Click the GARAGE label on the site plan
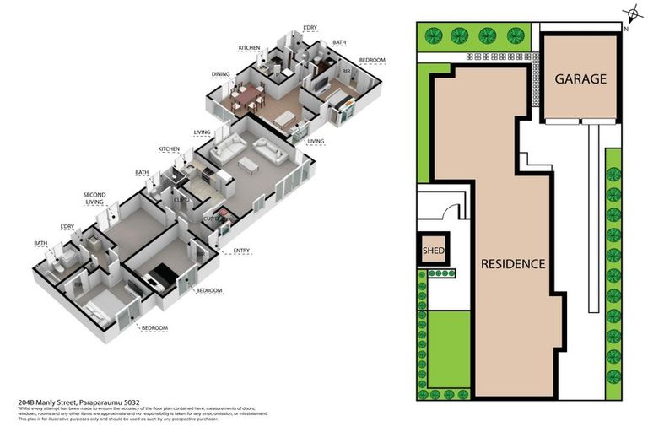[580, 79]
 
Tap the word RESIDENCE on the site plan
[513, 263]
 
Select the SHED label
[433, 250]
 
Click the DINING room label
[221, 74]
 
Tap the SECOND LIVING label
[94, 199]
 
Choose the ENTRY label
[232, 251]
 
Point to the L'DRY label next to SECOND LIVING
[67, 227]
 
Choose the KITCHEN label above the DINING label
[248, 47]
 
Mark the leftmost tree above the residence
[434, 35]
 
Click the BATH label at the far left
[40, 244]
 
